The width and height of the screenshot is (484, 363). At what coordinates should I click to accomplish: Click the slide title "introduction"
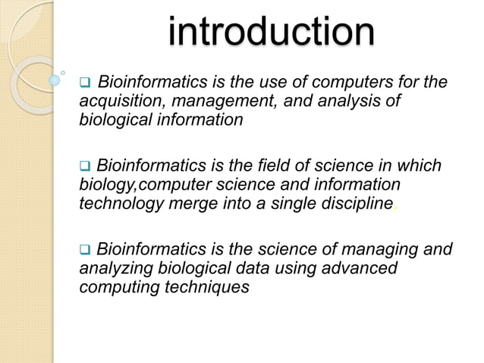tap(271, 33)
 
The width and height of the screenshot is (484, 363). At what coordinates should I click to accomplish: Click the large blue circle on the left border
tap(55, 79)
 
